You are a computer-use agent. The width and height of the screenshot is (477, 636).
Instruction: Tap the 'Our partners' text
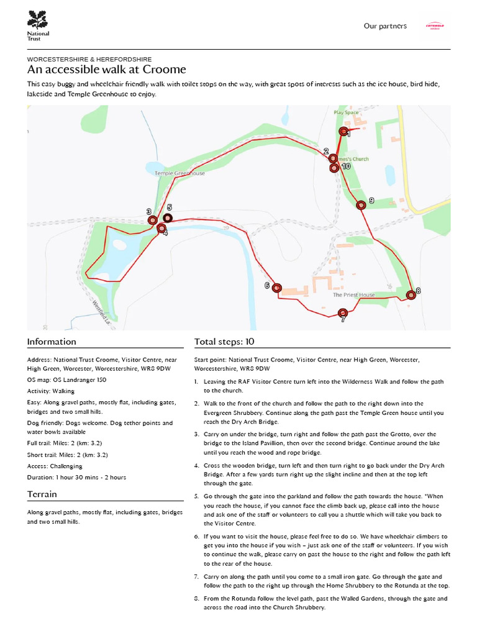coord(385,26)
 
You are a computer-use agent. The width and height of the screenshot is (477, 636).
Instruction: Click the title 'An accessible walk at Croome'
coord(106,70)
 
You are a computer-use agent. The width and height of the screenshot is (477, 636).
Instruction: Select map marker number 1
coord(343,131)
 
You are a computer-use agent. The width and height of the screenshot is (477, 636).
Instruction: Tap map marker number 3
coord(152,220)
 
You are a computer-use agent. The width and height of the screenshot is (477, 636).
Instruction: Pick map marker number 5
coord(168,218)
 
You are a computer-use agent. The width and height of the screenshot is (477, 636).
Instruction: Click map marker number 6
coord(277,287)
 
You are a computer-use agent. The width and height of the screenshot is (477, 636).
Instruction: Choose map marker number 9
coord(360,205)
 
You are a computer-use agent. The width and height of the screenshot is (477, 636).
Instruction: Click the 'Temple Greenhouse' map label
coord(179,173)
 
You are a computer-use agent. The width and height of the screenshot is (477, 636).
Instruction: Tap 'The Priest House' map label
coord(353,295)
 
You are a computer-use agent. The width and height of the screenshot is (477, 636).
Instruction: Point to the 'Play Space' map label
coord(346,112)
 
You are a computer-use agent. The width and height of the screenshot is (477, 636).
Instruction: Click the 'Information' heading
coord(52,342)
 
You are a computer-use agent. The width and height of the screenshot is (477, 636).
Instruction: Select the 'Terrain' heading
coord(42,494)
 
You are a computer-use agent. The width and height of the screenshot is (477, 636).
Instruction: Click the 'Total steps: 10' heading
coord(224,342)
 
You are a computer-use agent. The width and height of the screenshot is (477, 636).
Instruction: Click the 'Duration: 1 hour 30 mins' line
coord(76,477)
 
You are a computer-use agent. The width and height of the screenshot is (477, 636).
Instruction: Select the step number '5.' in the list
coord(197,496)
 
